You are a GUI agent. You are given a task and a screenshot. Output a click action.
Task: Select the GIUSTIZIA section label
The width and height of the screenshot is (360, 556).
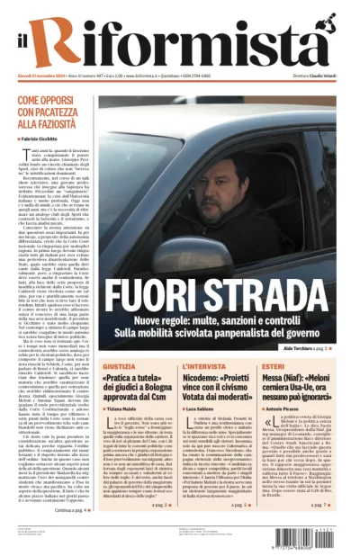click(x=120, y=368)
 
